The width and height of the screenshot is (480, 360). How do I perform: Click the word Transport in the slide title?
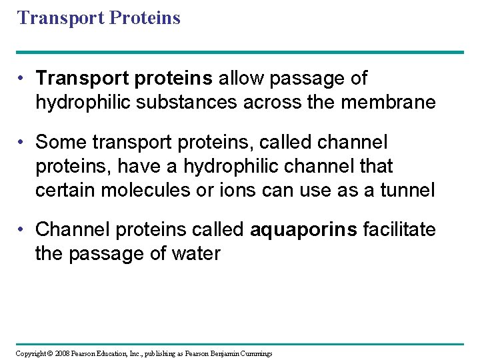point(58,17)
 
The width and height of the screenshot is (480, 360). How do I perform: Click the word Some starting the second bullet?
point(61,142)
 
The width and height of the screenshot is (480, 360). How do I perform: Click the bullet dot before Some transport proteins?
point(23,142)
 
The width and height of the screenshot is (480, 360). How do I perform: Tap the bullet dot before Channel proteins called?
point(23,230)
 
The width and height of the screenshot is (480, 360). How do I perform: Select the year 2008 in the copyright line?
point(61,353)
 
